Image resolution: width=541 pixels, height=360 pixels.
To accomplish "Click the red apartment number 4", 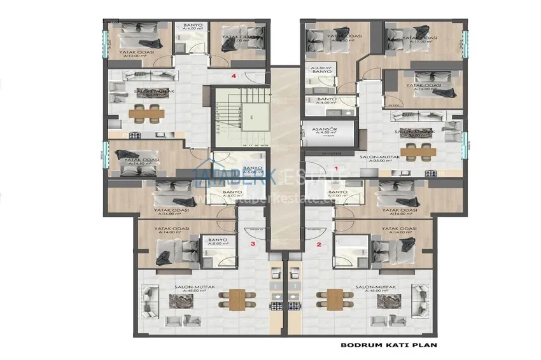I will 235,76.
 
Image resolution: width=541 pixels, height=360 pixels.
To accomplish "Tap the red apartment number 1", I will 336,168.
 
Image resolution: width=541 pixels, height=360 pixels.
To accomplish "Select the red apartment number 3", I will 253,244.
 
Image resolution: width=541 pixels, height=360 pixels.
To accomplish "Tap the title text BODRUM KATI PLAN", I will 389,346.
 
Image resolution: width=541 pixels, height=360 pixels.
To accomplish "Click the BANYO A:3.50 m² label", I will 318,69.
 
